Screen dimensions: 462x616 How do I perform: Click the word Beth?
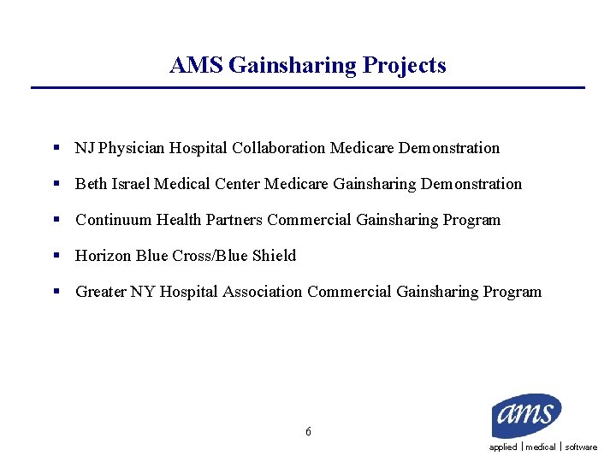[x=91, y=184]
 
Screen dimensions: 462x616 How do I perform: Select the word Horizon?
[x=103, y=256]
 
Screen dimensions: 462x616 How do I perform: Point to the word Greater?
[x=101, y=292]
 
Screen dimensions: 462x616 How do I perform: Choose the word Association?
[x=263, y=292]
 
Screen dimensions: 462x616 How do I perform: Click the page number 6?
[x=308, y=432]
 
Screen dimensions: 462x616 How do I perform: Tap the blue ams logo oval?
[x=526, y=415]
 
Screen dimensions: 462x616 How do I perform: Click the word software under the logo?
[x=581, y=447]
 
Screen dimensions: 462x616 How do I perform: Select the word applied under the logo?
[x=503, y=447]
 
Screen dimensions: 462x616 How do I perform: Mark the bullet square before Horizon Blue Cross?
[x=55, y=256]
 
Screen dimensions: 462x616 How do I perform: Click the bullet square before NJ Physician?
[x=55, y=148]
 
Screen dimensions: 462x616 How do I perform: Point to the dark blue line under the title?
[x=308, y=87]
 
